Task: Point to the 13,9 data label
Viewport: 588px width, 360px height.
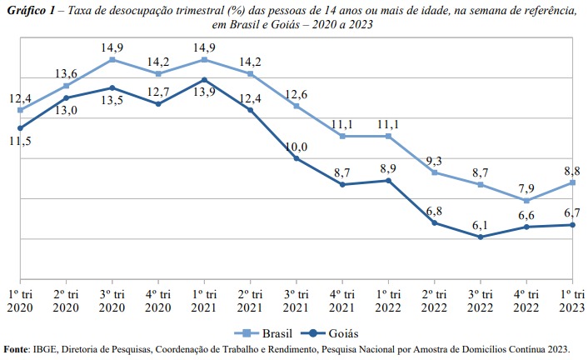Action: point(204,93)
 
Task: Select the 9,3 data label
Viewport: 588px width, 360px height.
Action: point(434,159)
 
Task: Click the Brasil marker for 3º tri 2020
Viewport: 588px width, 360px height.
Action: point(112,60)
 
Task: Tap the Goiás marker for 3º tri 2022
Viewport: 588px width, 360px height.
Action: point(480,237)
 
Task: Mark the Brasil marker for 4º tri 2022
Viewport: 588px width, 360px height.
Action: point(526,201)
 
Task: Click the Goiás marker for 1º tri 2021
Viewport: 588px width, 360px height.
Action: point(204,80)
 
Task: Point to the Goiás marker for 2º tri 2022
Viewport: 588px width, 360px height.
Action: point(434,223)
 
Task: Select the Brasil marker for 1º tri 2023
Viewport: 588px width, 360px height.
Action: point(572,182)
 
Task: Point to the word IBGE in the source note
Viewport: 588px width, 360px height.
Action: point(47,349)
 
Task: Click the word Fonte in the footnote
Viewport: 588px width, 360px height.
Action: point(16,349)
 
